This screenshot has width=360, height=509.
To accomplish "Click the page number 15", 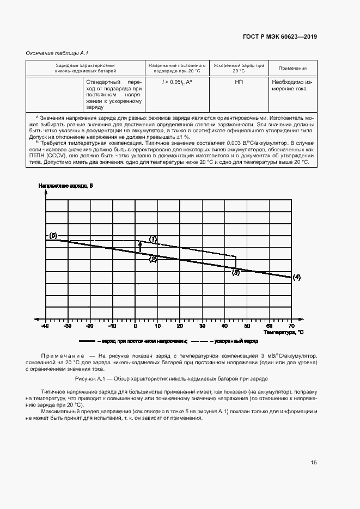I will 314,463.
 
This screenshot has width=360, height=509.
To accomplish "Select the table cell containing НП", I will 239,81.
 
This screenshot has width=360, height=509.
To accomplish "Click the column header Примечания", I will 292,68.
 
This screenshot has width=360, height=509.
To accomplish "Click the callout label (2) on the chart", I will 153,260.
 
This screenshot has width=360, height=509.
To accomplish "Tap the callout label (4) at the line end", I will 297,277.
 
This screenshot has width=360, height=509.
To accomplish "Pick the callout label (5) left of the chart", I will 53,236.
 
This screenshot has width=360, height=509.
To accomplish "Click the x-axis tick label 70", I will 291,326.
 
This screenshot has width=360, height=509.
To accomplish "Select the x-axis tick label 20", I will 180,326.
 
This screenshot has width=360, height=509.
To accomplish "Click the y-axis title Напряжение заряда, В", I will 66,186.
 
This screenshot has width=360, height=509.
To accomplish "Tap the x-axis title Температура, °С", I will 283,332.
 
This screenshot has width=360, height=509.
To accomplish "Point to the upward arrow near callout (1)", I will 140,247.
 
